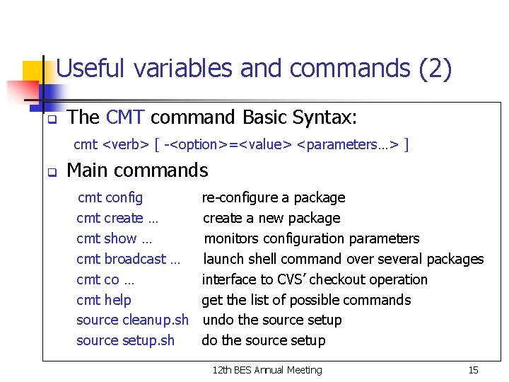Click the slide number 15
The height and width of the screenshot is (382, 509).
[x=473, y=370]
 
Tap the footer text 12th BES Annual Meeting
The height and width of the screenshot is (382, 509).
[x=267, y=370]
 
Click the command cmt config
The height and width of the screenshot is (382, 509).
[x=110, y=197]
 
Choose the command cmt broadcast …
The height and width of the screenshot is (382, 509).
[x=128, y=259]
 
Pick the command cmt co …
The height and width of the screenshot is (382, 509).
[x=105, y=279]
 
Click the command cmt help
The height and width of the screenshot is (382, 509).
[x=104, y=300]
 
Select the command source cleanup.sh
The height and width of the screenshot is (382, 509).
[x=132, y=320]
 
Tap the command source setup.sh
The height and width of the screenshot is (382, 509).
[x=125, y=340]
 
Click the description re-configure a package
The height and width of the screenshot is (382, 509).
[x=274, y=197]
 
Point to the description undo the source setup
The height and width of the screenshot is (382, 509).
[x=272, y=320]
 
